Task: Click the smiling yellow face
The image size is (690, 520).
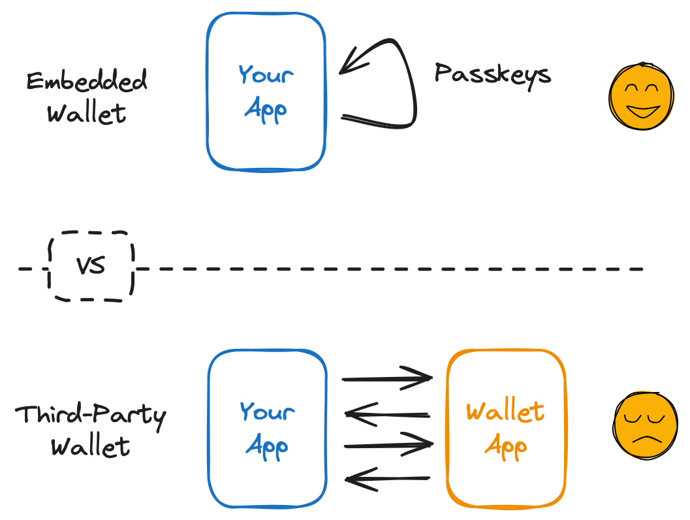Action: (x=640, y=97)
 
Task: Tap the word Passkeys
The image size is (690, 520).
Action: (x=493, y=73)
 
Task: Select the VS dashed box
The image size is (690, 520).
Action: (x=91, y=267)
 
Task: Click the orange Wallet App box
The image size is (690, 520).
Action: (x=506, y=429)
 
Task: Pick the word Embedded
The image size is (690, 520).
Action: (x=87, y=82)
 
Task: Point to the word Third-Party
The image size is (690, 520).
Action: (x=90, y=415)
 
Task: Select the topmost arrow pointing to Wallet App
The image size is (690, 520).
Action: (x=387, y=378)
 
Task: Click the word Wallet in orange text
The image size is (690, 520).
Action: (x=505, y=412)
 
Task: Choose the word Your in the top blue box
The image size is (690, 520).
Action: (x=266, y=74)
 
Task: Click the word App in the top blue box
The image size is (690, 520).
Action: (x=266, y=109)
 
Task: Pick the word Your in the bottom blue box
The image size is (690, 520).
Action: (x=267, y=412)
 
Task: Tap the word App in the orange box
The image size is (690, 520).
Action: (x=506, y=447)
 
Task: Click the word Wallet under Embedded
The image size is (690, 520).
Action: (x=87, y=114)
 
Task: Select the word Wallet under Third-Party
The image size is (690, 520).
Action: (x=90, y=447)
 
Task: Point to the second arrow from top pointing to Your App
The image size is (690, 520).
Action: (x=387, y=414)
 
